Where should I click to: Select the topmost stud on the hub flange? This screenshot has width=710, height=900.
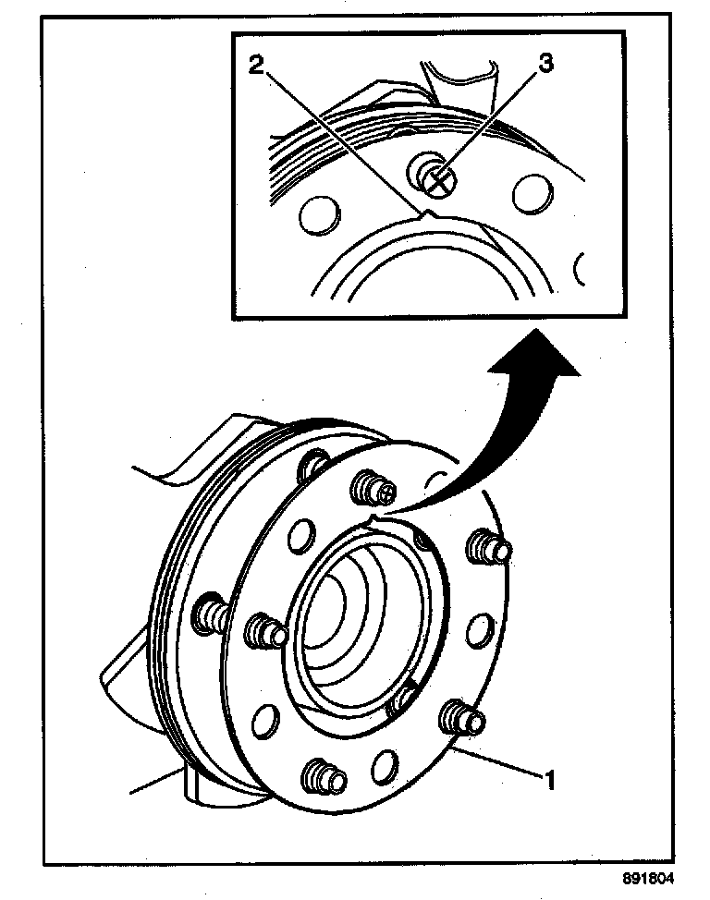tap(373, 486)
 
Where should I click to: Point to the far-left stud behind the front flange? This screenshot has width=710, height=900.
tap(209, 614)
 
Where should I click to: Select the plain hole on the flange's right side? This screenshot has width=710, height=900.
tap(479, 632)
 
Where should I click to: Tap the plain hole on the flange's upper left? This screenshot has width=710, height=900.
tap(300, 537)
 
